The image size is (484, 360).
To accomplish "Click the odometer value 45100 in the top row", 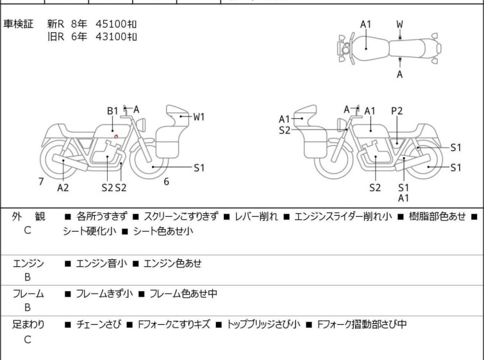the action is pyautogui.click(x=111, y=24).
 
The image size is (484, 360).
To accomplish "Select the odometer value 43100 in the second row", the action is pyautogui.click(x=111, y=37).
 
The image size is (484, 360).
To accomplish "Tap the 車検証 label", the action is pyautogui.click(x=18, y=24).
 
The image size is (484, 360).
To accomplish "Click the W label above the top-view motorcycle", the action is pyautogui.click(x=400, y=24).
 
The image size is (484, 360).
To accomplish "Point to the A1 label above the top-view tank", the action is pyautogui.click(x=365, y=24).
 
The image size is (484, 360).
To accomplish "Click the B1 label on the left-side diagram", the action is pyautogui.click(x=113, y=110).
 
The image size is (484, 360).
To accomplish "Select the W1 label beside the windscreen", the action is pyautogui.click(x=199, y=117).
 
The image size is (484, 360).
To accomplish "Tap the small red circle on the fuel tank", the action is pyautogui.click(x=116, y=136).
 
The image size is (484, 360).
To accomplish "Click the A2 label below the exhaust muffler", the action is pyautogui.click(x=63, y=187).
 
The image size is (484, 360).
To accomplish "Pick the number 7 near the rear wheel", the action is pyautogui.click(x=41, y=182).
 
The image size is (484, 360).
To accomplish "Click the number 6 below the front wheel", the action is pyautogui.click(x=167, y=182).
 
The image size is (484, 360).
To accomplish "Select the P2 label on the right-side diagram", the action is pyautogui.click(x=397, y=110).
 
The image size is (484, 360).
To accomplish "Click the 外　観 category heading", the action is pyautogui.click(x=28, y=216).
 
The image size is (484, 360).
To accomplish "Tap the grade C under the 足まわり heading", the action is pyautogui.click(x=28, y=339).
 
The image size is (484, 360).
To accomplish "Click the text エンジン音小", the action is pyautogui.click(x=101, y=263).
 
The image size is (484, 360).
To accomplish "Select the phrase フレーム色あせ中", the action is pyautogui.click(x=183, y=293).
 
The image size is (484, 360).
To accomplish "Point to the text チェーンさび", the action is pyautogui.click(x=99, y=324).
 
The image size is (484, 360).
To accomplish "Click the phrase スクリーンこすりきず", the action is pyautogui.click(x=181, y=216).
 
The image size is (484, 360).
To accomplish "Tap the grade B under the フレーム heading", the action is pyautogui.click(x=28, y=307).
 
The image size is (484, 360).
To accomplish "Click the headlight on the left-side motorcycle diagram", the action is pyautogui.click(x=142, y=125).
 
